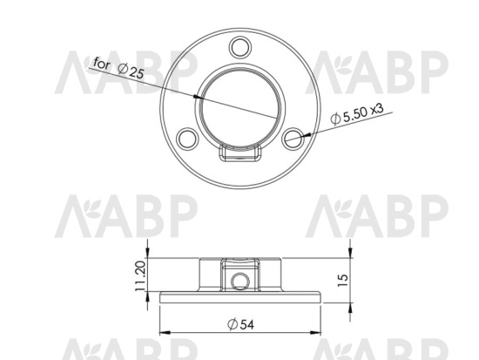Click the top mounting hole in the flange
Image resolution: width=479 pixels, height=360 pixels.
[240, 48]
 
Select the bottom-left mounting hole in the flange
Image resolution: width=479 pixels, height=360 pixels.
[187, 139]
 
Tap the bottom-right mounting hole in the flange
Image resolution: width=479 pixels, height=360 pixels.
[293, 139]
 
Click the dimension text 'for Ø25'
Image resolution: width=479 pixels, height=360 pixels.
[118, 68]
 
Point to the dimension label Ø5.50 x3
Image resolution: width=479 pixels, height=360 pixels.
[357, 114]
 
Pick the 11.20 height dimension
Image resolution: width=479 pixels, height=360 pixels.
[140, 276]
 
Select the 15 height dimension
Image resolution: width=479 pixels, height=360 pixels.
[343, 280]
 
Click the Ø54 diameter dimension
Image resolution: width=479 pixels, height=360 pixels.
[240, 324]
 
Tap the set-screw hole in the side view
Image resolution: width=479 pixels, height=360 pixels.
[240, 282]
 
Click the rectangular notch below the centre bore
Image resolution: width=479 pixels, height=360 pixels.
[240, 153]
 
